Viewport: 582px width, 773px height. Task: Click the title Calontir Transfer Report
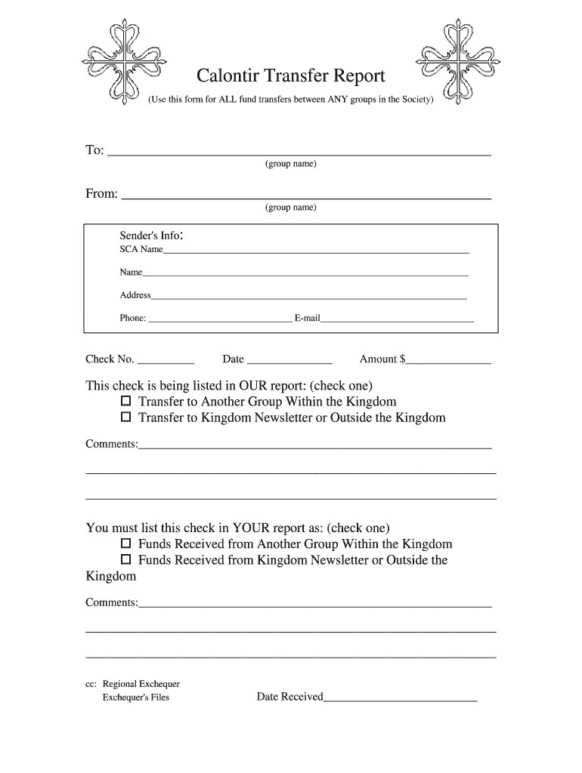tap(291, 76)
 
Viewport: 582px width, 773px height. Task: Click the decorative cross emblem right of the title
tap(451, 63)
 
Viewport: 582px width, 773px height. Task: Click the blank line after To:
tap(299, 152)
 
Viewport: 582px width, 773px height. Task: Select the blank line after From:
tap(307, 196)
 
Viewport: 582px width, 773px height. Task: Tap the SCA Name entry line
tap(316, 251)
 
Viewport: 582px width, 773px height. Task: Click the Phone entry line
tap(219, 320)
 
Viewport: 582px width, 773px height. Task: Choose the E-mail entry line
tap(397, 320)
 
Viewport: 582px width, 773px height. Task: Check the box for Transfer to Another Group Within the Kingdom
tap(126, 402)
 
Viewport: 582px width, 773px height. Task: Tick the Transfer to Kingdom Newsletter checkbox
tap(126, 417)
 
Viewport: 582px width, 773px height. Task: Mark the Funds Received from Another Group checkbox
tap(126, 544)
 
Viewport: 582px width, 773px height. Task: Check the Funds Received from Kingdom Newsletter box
tap(126, 560)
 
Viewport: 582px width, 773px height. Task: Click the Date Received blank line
tap(401, 700)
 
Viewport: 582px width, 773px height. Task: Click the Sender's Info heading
tap(152, 236)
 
